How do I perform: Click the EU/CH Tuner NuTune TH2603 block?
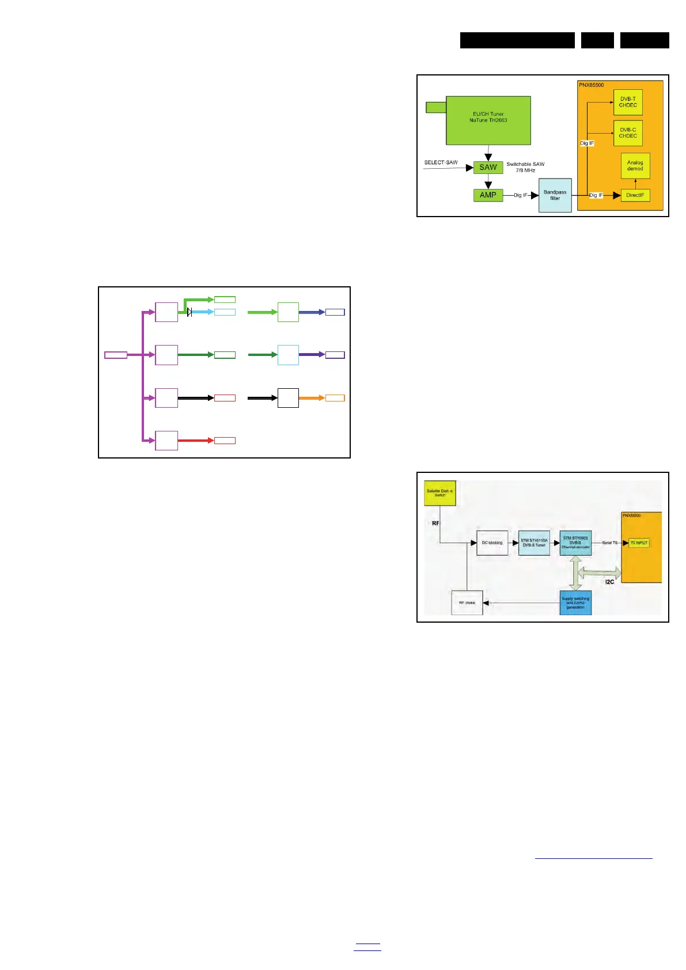488,120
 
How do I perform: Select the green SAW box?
488,168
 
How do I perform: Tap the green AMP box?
488,195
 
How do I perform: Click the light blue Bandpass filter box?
555,195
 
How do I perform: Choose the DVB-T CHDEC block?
628,102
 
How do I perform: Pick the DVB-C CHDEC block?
628,133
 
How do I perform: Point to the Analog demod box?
635,166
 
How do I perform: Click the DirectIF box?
635,195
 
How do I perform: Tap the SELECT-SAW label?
441,162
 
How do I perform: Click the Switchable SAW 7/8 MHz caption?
525,167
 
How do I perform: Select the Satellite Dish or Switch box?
439,493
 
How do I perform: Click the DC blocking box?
492,543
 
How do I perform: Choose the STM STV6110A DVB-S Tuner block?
534,543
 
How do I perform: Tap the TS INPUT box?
638,543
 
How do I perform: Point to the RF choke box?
467,603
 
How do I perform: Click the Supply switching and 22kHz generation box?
575,603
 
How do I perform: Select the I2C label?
609,582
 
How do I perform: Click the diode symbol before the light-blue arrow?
189,312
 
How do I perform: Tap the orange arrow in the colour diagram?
312,398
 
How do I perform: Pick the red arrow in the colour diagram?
196,441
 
